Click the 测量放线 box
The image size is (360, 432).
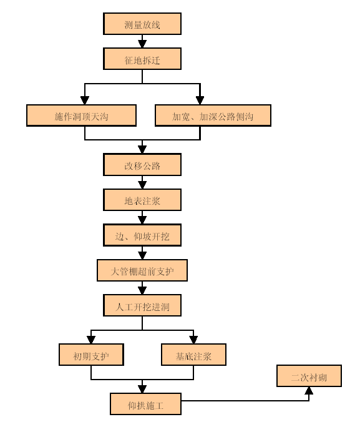[142, 24]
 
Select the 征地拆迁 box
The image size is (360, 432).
[142, 59]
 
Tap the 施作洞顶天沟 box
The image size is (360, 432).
[81, 115]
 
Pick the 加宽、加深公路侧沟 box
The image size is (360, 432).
[213, 115]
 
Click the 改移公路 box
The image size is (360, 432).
[142, 164]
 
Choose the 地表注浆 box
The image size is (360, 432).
[142, 200]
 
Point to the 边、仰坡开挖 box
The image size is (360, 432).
[142, 235]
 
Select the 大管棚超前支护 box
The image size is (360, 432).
[142, 270]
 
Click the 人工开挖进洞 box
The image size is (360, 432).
[142, 305]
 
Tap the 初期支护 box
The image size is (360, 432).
[91, 355]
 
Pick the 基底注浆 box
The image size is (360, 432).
[193, 355]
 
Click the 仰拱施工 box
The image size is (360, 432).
[145, 404]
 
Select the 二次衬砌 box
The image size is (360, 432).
[309, 376]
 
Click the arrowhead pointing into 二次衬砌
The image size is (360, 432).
[309, 390]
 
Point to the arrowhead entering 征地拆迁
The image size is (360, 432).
[142, 44]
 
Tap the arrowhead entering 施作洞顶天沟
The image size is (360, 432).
[85, 101]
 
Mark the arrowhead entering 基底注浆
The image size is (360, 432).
[193, 340]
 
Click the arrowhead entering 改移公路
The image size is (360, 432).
[142, 150]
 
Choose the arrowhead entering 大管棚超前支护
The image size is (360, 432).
[142, 255]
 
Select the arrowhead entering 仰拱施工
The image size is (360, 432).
[142, 389]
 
